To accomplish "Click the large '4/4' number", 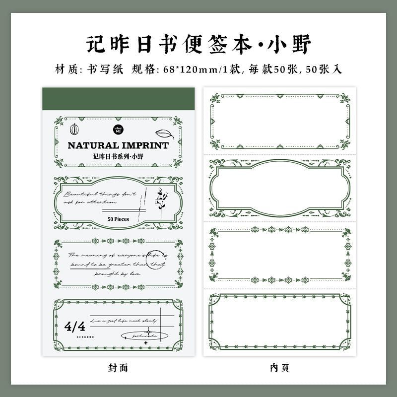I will point(76,326).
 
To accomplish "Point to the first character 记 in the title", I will point(95,45).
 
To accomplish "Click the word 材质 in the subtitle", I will point(65,69).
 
